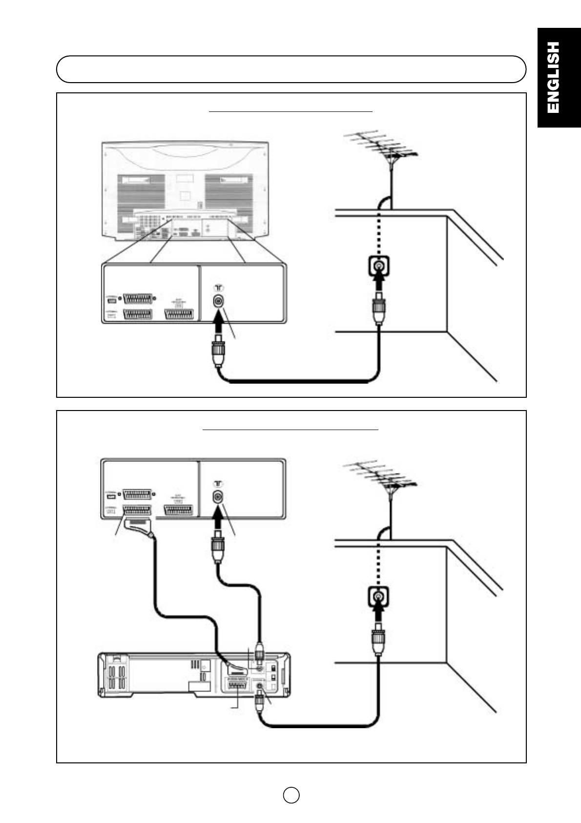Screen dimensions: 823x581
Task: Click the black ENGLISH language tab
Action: pos(559,77)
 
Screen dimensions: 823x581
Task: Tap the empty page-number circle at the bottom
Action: pos(291,795)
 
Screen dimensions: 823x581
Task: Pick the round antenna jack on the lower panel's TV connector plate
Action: pos(218,497)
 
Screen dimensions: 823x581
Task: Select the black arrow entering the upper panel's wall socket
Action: pos(378,283)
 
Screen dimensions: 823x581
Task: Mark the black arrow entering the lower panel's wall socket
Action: pos(378,614)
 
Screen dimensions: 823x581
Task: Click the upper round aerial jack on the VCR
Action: pos(259,667)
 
